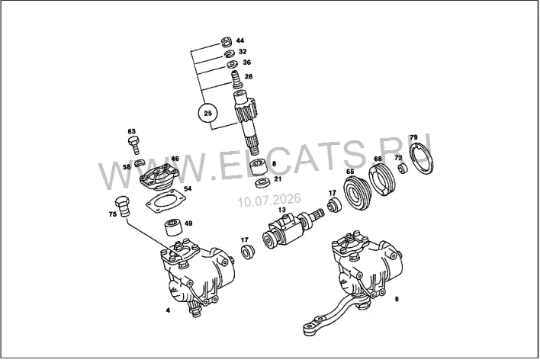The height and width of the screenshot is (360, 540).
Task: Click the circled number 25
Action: (x=208, y=113)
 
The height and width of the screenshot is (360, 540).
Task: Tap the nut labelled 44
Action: (x=227, y=41)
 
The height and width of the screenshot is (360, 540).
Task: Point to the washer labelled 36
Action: (x=232, y=64)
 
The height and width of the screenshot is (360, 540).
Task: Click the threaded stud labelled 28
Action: (x=236, y=79)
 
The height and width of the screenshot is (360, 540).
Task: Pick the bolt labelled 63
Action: (x=134, y=145)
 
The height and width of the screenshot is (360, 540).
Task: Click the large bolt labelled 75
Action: (x=122, y=206)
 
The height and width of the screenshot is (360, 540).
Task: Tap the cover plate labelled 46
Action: (x=159, y=178)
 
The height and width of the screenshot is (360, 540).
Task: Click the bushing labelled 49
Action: (x=174, y=227)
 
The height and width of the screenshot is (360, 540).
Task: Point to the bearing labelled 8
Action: (x=259, y=168)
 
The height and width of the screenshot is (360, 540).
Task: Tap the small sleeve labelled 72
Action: (x=403, y=169)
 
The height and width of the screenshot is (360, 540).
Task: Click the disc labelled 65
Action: (x=357, y=192)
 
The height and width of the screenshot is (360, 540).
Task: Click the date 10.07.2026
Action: (x=270, y=200)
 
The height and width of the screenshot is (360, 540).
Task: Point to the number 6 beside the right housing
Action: (x=397, y=299)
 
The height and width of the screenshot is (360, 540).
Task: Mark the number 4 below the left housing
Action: (x=168, y=310)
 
